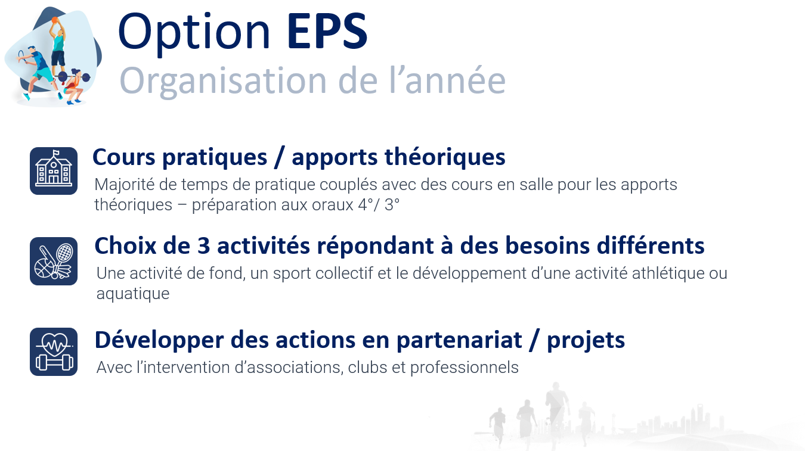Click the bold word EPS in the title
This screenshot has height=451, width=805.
[327, 31]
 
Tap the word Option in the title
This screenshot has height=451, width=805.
[194, 33]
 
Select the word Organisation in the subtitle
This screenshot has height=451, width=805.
[223, 82]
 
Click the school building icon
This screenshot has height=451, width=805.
[54, 171]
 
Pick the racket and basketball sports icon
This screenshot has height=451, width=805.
[54, 261]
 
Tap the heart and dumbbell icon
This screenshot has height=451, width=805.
[54, 352]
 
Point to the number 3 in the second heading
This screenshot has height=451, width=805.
[203, 246]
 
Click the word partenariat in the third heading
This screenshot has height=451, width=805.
[459, 340]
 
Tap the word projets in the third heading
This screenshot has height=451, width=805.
[586, 340]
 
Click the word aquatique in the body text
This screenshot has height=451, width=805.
[133, 294]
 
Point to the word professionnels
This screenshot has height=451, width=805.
[465, 368]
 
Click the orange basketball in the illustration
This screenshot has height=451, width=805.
[55, 20]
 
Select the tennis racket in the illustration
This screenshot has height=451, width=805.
[22, 57]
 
